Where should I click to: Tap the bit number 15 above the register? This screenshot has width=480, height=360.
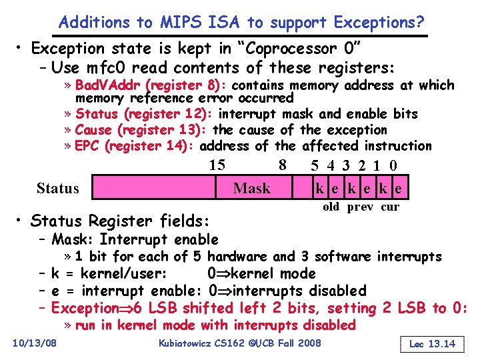point(217,165)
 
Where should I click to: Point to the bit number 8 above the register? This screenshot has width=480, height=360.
point(283,165)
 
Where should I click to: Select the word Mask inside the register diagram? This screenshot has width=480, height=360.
point(252,189)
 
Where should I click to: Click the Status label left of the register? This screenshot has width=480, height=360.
point(58,188)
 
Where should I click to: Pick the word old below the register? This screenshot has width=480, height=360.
point(331,207)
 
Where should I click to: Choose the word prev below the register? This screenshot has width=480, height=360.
point(360,207)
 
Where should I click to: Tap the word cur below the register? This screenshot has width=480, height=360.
point(390,207)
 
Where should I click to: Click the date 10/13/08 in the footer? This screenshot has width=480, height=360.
point(35,343)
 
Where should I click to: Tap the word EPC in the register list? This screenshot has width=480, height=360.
point(90,145)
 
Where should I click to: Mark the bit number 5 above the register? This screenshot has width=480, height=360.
point(315,165)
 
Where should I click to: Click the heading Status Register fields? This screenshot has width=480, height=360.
point(120,220)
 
